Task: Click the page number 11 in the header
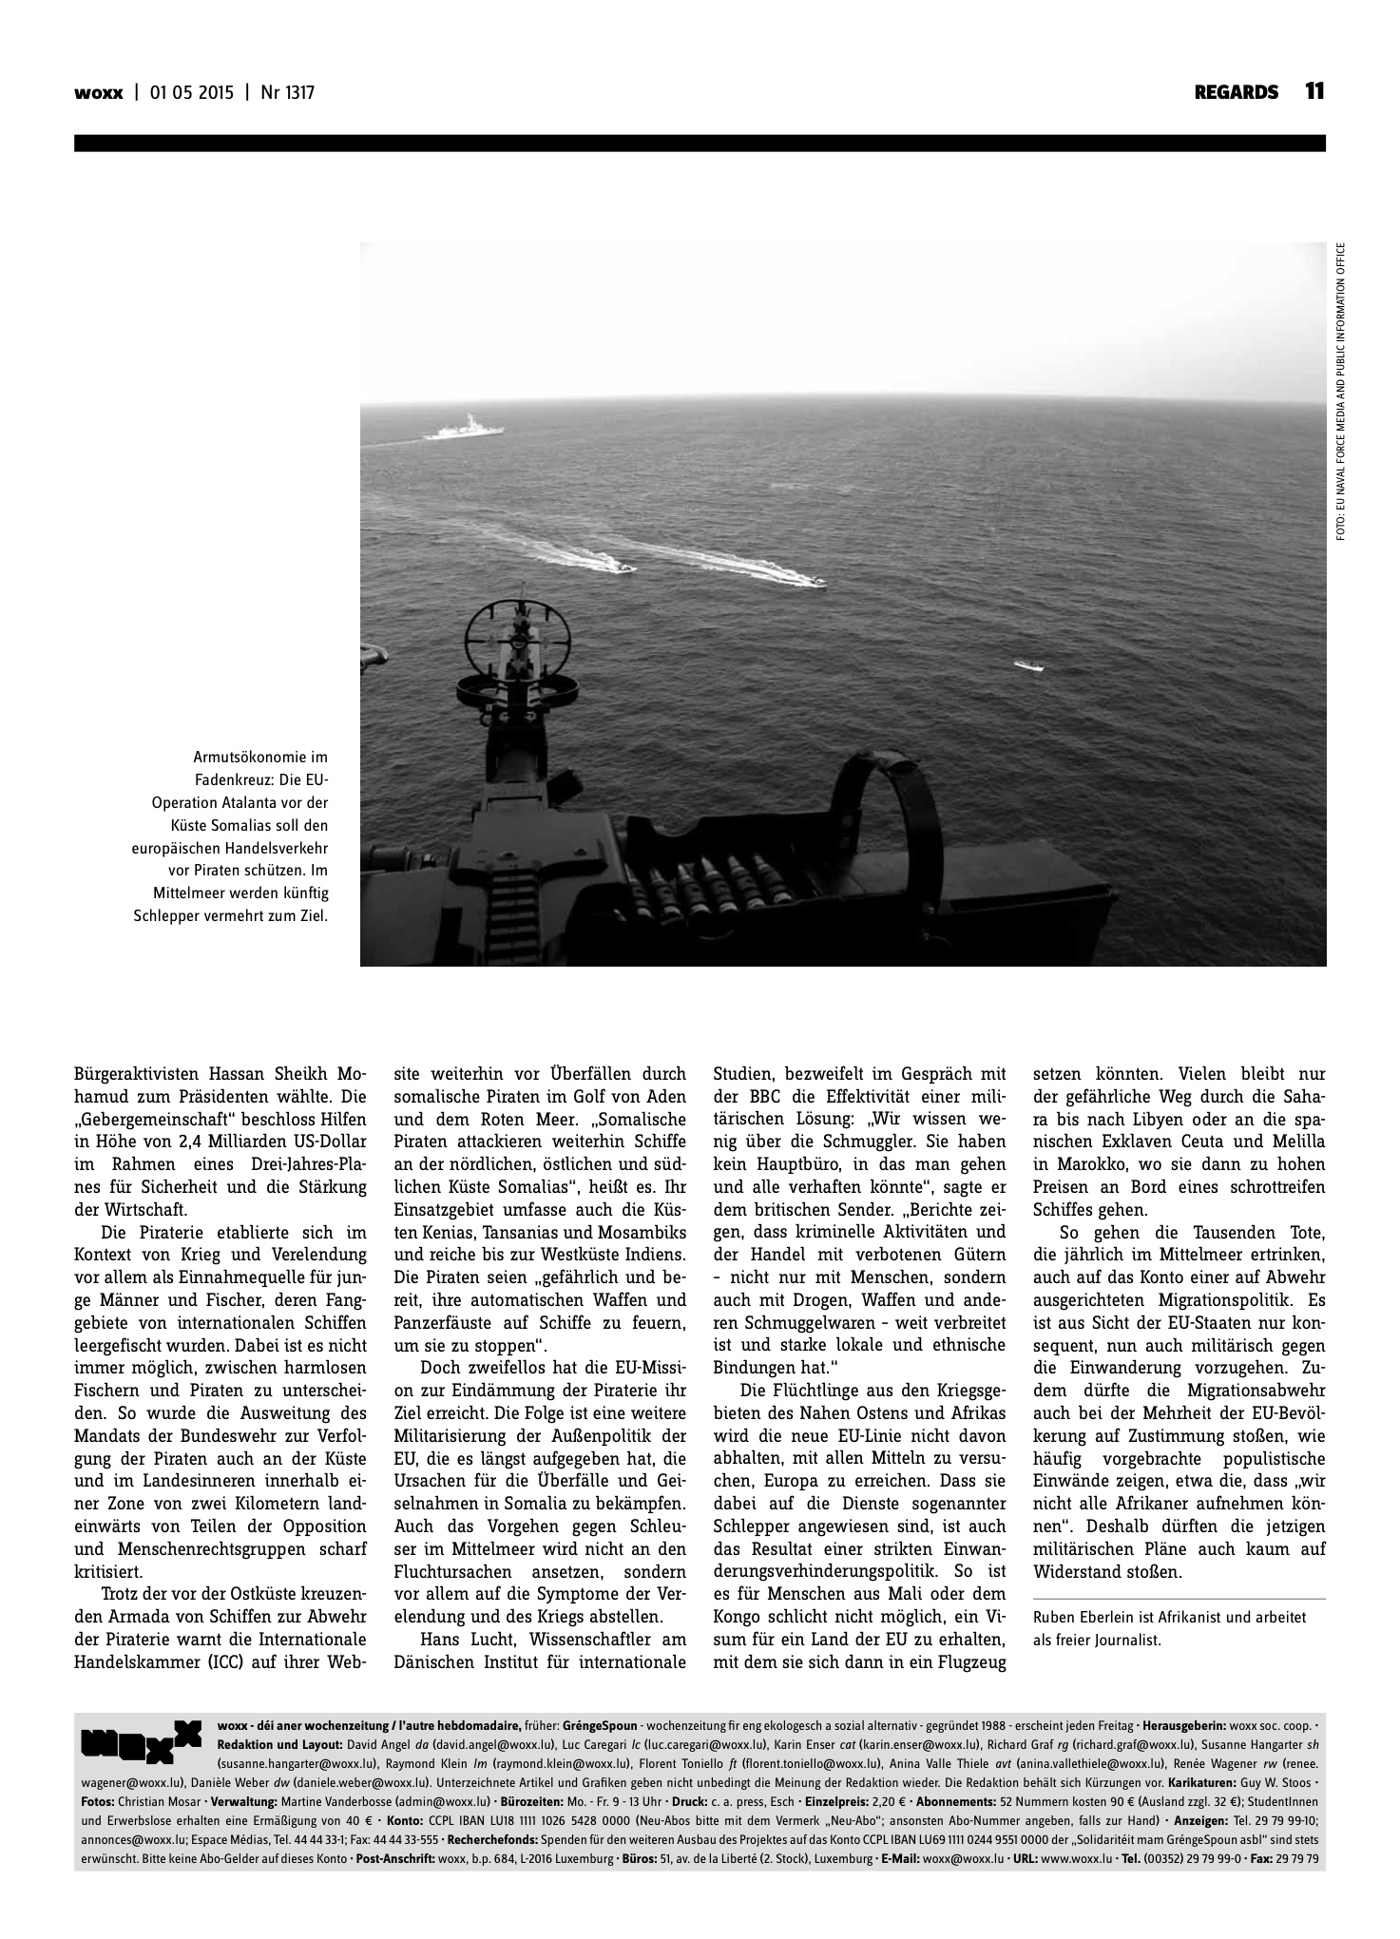click(1314, 92)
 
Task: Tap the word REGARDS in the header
click(1237, 93)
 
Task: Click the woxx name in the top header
click(98, 93)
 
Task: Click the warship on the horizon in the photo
click(464, 429)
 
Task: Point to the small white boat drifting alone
click(1027, 665)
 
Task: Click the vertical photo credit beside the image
click(1340, 393)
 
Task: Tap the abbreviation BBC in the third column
click(756, 1097)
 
